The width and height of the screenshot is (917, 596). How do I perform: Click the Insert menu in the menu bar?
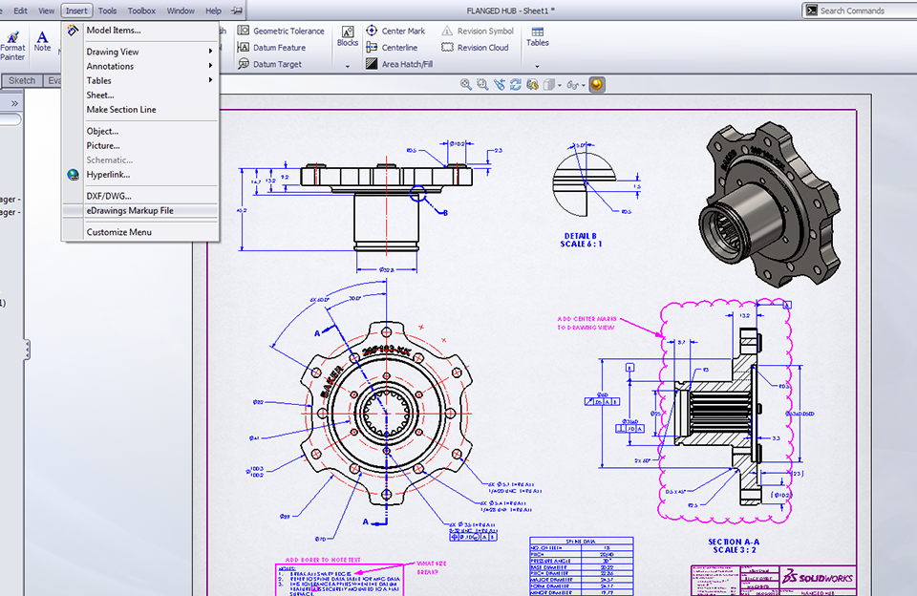76,11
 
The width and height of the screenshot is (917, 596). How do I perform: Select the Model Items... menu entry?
113,31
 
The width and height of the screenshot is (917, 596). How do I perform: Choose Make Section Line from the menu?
120,110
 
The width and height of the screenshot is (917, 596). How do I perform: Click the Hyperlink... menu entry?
108,175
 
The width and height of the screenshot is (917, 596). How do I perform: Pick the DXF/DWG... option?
108,196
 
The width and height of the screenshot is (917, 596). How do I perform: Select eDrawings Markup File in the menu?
129,211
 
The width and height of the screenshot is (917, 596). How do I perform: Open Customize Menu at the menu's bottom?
118,232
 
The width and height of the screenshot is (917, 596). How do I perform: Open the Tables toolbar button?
538,37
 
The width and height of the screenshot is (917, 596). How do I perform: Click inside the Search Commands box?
860,11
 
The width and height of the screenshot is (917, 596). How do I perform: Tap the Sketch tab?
21,81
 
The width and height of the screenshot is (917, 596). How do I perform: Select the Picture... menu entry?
103,146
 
